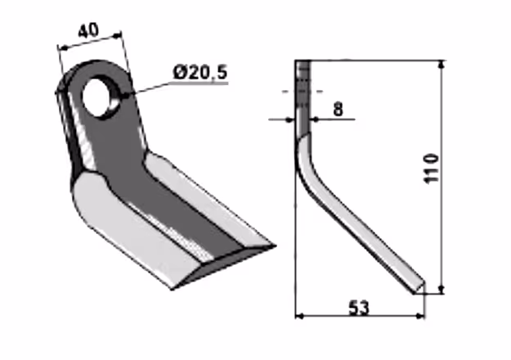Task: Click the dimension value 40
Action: (x=88, y=30)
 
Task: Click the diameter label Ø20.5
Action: (x=200, y=72)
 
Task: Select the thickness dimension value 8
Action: (x=338, y=109)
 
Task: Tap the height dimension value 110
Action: (x=433, y=169)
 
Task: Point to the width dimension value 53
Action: (x=359, y=308)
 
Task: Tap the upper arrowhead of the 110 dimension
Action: (x=442, y=65)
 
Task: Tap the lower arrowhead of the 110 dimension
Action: (x=442, y=290)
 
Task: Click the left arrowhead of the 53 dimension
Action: (x=299, y=316)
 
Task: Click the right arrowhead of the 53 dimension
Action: (x=421, y=316)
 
